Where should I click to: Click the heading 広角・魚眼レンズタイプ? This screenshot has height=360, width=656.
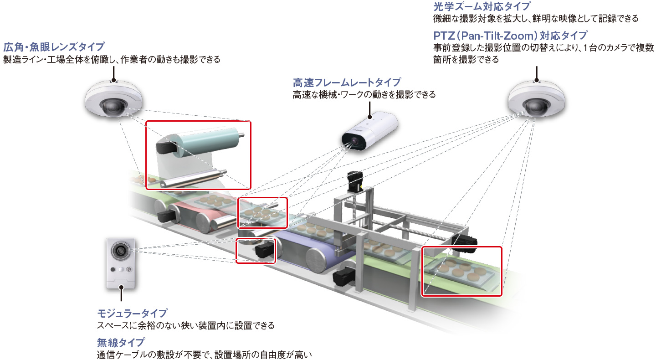coord(54,47)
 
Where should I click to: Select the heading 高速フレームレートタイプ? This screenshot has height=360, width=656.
coord(347,82)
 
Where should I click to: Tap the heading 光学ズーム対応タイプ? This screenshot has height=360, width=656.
coord(482,7)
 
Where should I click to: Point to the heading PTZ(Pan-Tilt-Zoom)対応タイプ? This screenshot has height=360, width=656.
coord(510,36)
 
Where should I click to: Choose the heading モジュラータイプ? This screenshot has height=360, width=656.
coord(132,314)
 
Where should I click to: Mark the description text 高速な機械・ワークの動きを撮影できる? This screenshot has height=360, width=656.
coord(364,95)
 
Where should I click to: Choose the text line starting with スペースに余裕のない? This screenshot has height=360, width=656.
coord(186,326)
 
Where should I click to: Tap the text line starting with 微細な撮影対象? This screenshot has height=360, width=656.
coord(535,19)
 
